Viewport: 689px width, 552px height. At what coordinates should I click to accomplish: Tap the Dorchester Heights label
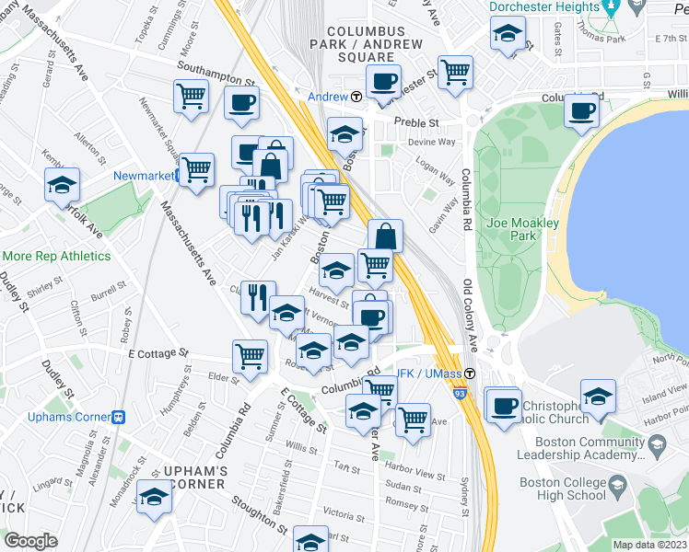[x=538, y=6]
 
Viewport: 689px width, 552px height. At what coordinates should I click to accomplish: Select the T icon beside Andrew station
[x=356, y=97]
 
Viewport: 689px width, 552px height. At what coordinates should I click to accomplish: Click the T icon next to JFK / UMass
[x=470, y=374]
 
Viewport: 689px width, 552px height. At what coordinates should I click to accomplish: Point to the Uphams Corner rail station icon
[x=119, y=416]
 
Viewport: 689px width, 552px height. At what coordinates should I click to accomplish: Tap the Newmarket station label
[x=144, y=175]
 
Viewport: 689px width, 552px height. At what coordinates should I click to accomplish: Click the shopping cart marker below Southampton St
[x=191, y=95]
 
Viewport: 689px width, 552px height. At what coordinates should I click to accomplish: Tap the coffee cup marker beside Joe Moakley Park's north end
[x=581, y=110]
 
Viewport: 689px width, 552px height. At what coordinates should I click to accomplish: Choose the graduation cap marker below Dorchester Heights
[x=506, y=36]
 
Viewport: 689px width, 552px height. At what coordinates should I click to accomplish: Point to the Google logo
[x=30, y=541]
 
